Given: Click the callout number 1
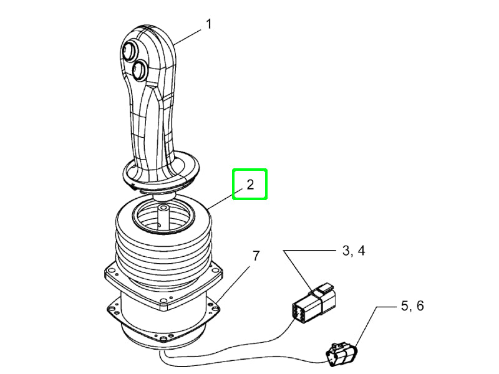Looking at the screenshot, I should point(209,25).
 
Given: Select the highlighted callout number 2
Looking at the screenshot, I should point(249,185).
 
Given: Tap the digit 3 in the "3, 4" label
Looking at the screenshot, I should point(347,252).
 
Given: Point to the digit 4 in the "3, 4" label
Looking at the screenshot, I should point(361,252).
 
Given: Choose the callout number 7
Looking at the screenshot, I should point(256,256).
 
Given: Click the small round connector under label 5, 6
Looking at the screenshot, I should point(342,354).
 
